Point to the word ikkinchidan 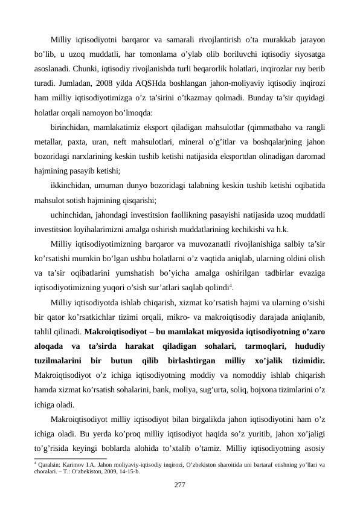click(71, 185)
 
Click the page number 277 click(179, 485)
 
